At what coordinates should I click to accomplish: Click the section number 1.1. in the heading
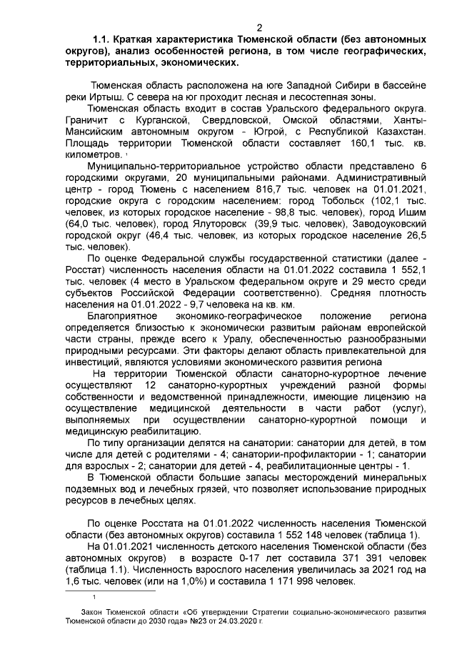(x=106, y=36)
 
